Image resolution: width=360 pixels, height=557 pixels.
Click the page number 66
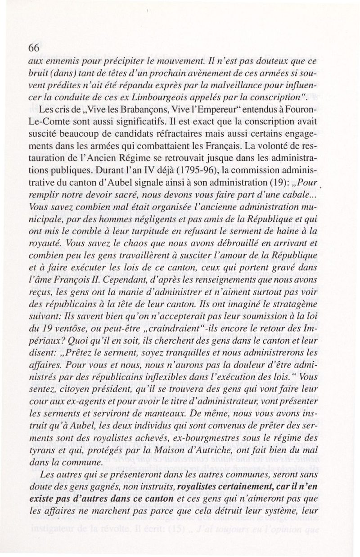point(35,48)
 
